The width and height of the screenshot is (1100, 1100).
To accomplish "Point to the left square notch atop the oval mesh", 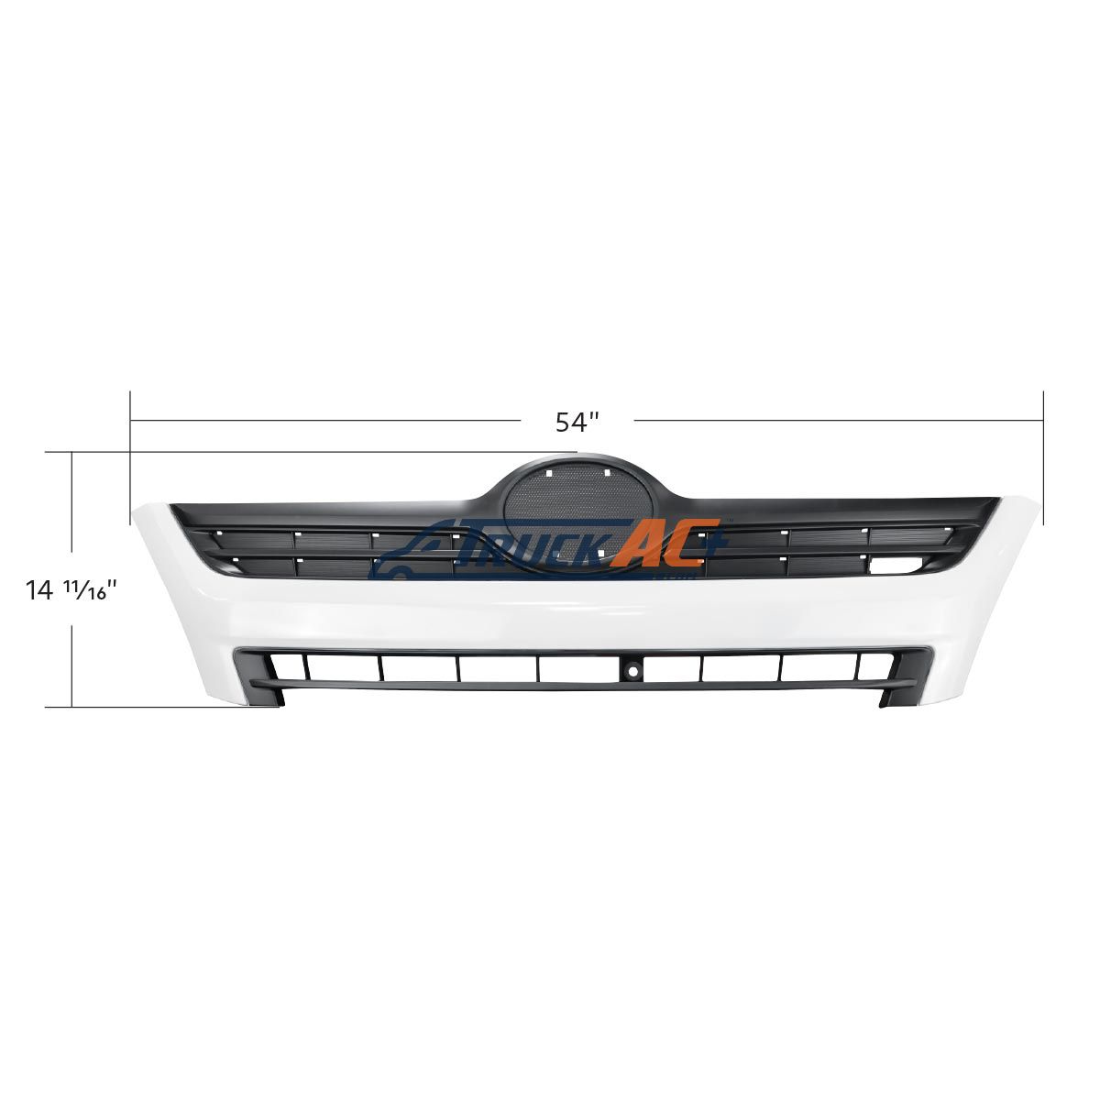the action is (x=548, y=473).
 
